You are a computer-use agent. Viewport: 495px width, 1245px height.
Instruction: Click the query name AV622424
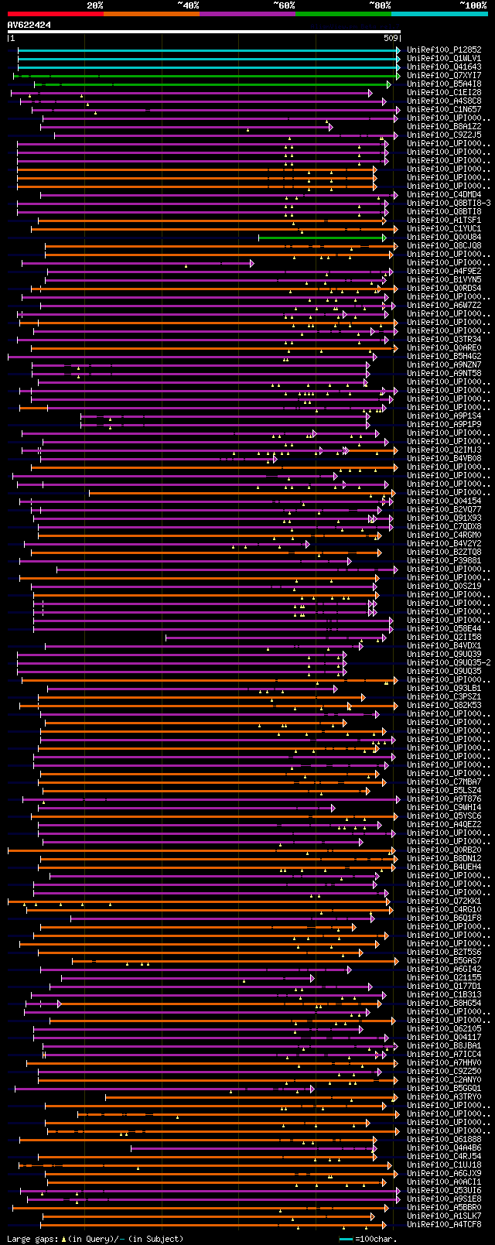29,25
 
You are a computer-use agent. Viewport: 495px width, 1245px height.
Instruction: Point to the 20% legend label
94,5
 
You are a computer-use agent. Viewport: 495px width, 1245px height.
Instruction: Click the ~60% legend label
283,5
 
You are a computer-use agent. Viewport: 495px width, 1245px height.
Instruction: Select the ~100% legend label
473,5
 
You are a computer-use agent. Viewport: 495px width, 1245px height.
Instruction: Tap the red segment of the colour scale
55,13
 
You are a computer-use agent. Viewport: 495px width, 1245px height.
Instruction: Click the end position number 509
391,38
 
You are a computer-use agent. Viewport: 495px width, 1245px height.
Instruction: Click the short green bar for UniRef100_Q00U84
321,238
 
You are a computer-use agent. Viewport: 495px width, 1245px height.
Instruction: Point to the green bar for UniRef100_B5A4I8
213,84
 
